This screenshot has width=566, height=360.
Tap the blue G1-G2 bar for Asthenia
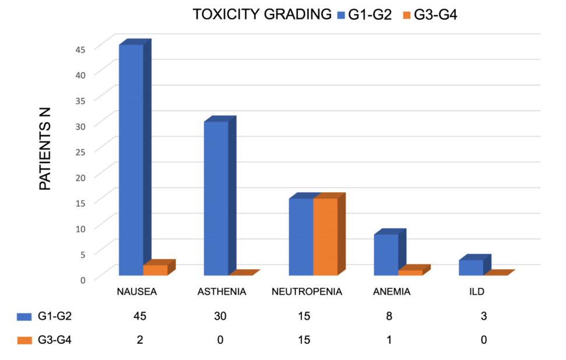(x=216, y=198)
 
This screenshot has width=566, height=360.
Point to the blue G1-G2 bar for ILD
(x=471, y=267)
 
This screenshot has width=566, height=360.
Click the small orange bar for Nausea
(x=155, y=270)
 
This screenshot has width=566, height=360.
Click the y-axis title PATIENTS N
(x=45, y=149)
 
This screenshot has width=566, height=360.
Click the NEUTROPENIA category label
(x=307, y=292)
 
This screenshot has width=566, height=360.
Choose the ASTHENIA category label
(x=222, y=292)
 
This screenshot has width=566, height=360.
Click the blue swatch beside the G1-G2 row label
(x=24, y=316)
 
